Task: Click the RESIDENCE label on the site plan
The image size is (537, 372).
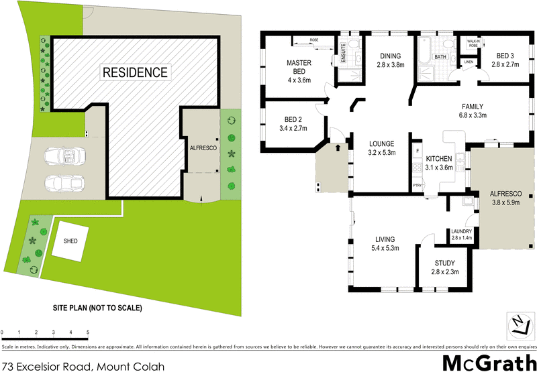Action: (135, 71)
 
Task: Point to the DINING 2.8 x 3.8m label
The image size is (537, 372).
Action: (390, 60)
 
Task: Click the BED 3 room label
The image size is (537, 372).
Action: (504, 60)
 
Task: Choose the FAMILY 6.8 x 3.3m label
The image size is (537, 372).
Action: (472, 111)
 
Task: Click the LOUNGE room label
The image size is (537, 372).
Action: (381, 148)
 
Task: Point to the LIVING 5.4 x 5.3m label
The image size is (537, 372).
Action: (385, 244)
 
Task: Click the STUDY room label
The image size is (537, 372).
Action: (444, 267)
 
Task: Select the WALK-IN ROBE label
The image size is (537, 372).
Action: (472, 42)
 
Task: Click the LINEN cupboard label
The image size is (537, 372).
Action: (468, 62)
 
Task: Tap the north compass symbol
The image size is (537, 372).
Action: (518, 326)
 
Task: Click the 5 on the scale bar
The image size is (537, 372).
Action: (88, 332)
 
